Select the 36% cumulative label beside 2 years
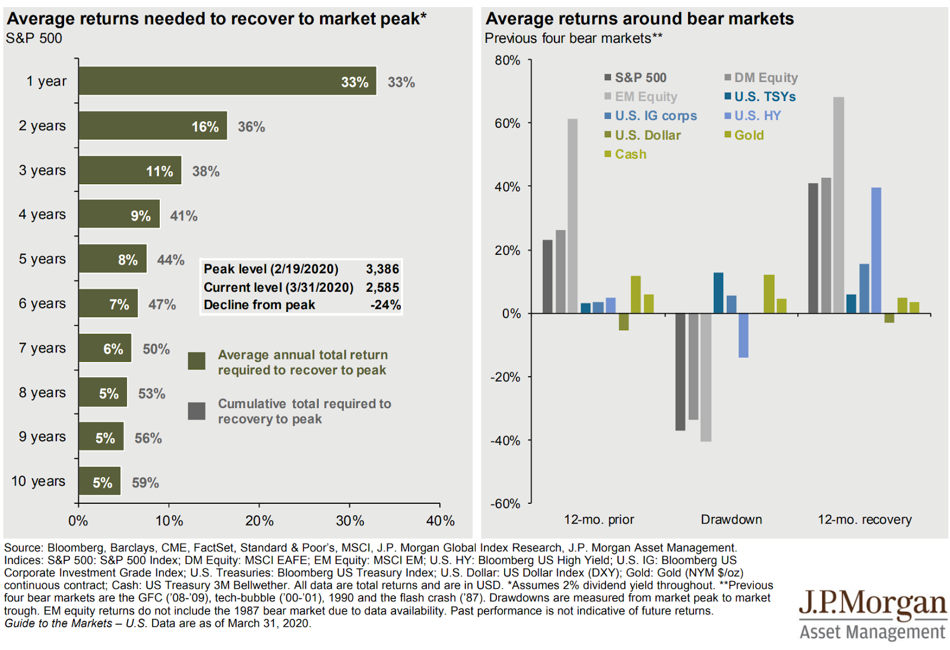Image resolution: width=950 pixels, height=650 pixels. coord(251,127)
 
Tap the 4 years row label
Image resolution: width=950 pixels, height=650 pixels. coord(42,214)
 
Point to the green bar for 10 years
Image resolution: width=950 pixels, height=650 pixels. coord(99,481)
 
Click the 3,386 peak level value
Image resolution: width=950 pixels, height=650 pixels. coord(382,269)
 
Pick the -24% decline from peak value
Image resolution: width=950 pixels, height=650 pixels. coord(385,305)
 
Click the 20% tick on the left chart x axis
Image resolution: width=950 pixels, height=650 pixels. coord(259,521)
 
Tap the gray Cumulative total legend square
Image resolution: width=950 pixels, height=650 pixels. coord(197,411)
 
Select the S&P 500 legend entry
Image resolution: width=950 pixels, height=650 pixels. coord(635,78)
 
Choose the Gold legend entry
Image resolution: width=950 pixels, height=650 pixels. coord(745,135)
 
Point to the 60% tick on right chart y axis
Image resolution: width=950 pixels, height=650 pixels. coord(507,123)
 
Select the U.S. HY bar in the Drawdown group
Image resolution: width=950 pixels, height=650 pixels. coord(743,335)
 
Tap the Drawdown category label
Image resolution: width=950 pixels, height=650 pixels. coord(731,519)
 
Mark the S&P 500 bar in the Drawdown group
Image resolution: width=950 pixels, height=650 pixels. coord(680,371)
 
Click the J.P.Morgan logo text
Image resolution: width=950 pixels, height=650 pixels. coord(872,604)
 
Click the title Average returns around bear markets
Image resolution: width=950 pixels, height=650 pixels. coord(639,19)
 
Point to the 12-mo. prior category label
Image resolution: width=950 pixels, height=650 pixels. coord(598,519)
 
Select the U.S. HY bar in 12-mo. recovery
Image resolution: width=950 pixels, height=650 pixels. coord(876,250)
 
